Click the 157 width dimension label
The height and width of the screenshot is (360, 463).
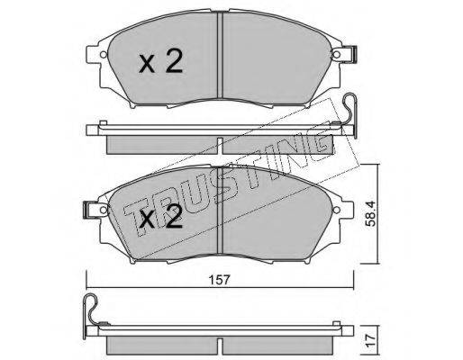(x=220, y=280)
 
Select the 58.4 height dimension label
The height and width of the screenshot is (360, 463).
(x=372, y=214)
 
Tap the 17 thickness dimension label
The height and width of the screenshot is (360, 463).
(x=371, y=340)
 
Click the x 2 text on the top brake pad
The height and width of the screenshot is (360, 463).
(x=160, y=61)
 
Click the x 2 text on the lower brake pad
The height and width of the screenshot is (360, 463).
(x=161, y=217)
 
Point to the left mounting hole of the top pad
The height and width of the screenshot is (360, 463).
(x=104, y=55)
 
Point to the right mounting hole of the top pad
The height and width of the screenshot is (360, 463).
(x=337, y=55)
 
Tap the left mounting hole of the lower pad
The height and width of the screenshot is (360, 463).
(x=104, y=209)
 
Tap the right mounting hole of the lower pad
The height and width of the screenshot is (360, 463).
(x=337, y=209)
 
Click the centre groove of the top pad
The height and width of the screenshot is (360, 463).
(x=220, y=55)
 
